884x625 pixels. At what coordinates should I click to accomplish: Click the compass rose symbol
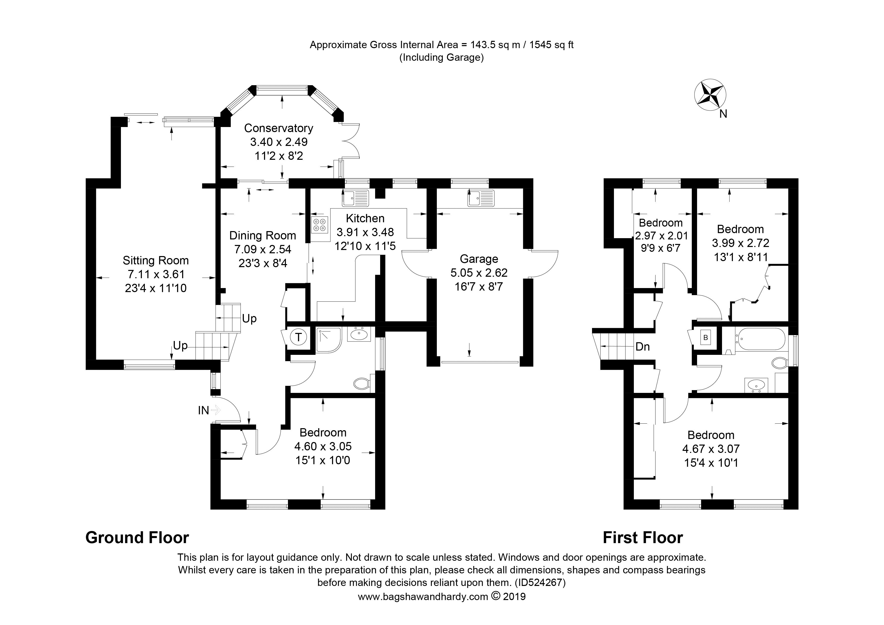tap(710, 95)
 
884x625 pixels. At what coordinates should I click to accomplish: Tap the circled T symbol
tap(298, 338)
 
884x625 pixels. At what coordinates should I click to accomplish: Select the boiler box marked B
tap(705, 338)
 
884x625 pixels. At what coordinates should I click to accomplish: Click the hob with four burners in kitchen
tap(319, 225)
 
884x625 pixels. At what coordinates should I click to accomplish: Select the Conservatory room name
tap(279, 128)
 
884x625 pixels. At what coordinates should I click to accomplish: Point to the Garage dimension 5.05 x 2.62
tap(479, 273)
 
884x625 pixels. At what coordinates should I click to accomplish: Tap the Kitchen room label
tap(365, 218)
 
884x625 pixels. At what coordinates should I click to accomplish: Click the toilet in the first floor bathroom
tap(780, 363)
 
